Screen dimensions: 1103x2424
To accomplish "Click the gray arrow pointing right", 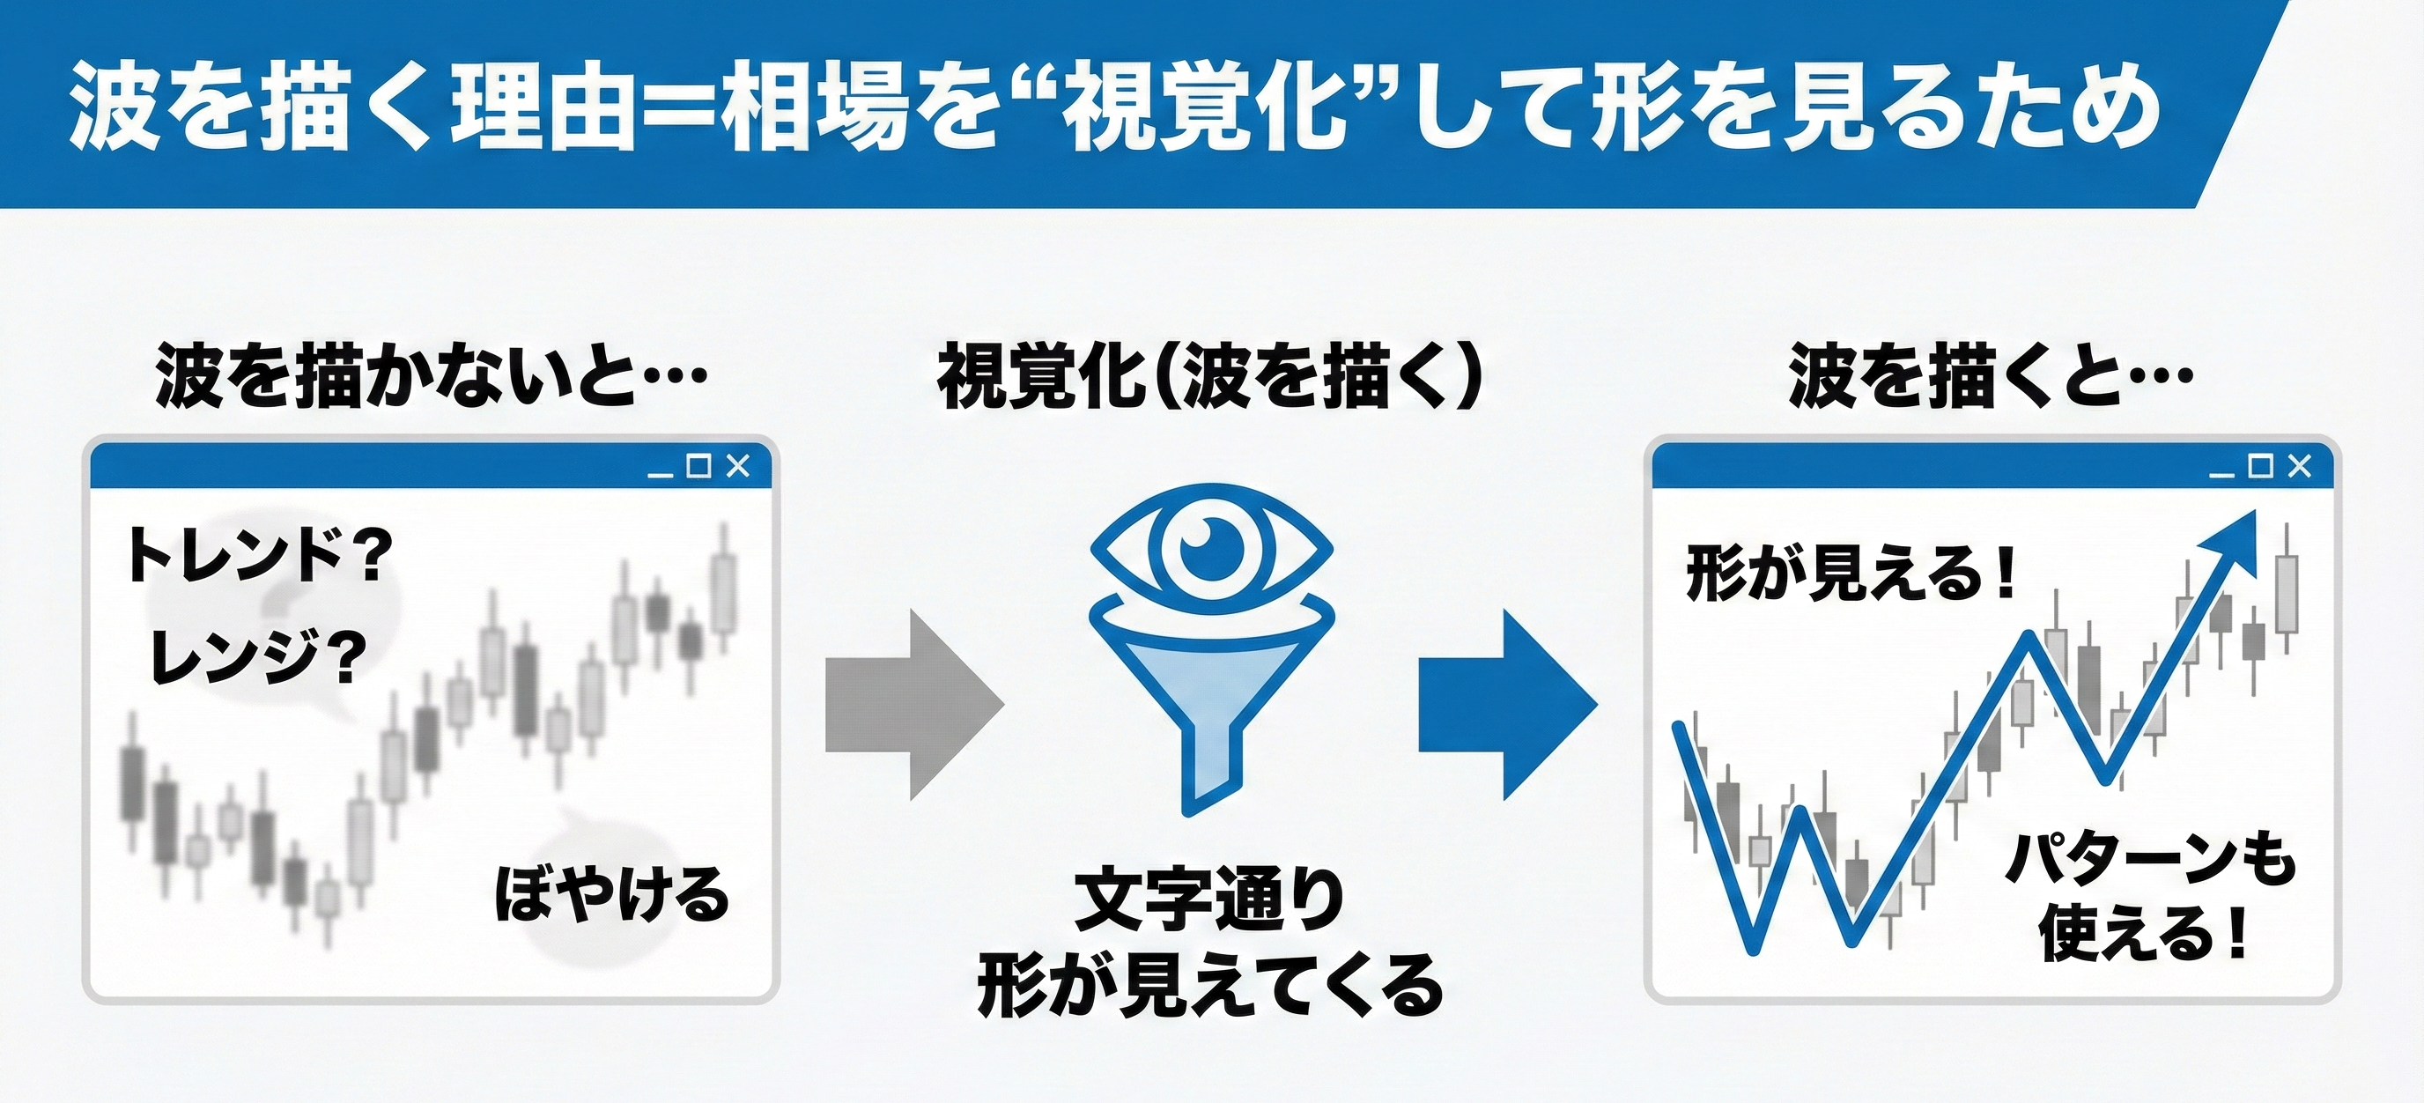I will click(909, 704).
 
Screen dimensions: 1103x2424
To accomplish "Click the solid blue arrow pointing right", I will click(1503, 704).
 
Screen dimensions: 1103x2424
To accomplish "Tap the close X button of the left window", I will click(739, 466).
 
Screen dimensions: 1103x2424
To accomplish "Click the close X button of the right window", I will click(2299, 466).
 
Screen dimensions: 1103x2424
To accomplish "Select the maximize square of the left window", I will click(698, 466).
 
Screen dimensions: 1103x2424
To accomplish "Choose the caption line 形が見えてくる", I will click(1211, 985).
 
